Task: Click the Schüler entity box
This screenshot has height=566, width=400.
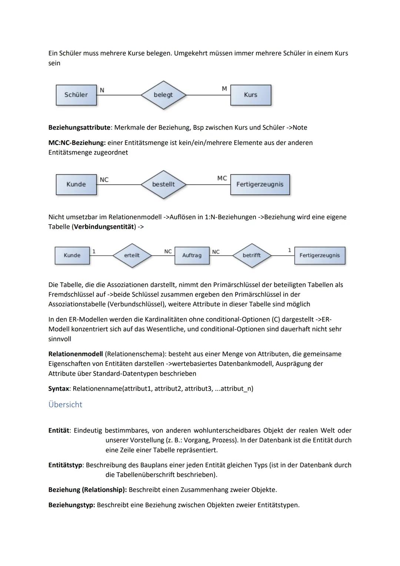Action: pos(76,95)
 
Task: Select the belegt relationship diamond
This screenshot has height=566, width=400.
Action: pos(163,95)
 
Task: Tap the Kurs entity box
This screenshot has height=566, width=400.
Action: pos(250,95)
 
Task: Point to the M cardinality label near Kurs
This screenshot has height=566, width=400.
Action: pos(224,89)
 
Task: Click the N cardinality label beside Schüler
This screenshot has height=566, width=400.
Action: pos(102,90)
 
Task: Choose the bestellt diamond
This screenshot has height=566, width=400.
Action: pos(163,184)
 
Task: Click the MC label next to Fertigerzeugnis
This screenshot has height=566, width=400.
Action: pos(222,178)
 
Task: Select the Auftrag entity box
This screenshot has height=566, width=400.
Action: pos(192,255)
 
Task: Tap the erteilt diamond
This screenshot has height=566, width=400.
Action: pos(132,255)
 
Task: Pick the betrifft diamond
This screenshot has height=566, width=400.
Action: pos(251,255)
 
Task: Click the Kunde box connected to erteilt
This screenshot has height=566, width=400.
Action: pos(72,255)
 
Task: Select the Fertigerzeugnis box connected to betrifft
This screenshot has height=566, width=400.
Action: pos(319,255)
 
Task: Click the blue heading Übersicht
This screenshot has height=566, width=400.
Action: pos(65,404)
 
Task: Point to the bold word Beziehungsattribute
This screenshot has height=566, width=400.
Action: pos(79,128)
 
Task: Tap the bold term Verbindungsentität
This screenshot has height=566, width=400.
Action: pos(104,226)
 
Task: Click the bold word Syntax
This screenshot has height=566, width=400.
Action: pos(59,388)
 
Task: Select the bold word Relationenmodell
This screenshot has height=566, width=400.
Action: pos(76,354)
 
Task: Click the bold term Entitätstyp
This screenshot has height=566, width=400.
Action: pos(65,465)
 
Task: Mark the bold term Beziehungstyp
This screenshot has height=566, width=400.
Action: pos(71,505)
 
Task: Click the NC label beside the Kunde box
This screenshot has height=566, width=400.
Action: pos(104,180)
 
